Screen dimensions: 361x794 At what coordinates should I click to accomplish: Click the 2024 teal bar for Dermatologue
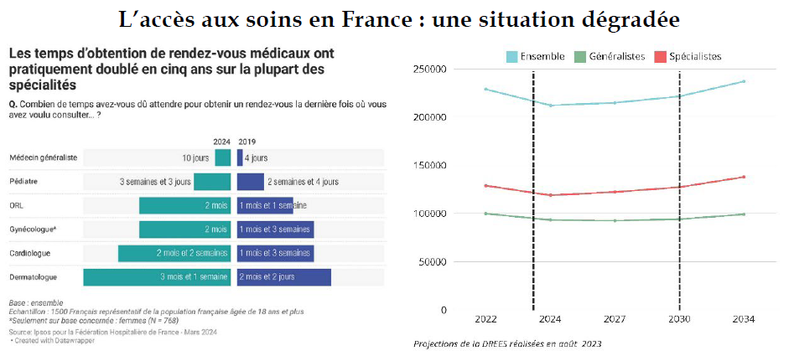[x=157, y=277]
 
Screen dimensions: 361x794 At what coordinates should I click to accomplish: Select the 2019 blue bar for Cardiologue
[x=275, y=253]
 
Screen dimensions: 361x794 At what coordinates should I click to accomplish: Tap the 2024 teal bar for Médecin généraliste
[x=222, y=157]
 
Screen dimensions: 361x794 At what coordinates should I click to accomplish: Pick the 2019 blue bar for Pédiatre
[x=250, y=182]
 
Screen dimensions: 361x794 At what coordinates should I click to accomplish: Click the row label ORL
[x=17, y=205]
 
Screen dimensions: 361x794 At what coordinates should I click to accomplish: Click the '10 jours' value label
[x=195, y=157]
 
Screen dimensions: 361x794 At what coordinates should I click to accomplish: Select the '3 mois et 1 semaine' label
[x=194, y=277]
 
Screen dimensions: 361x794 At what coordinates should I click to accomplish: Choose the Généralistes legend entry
[x=616, y=56]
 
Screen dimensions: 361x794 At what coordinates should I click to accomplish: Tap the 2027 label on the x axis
[x=615, y=320]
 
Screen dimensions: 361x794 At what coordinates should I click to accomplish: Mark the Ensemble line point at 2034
[x=744, y=81]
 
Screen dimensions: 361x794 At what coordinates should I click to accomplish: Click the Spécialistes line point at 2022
[x=485, y=185]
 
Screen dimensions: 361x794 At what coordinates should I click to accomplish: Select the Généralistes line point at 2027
[x=615, y=220]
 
